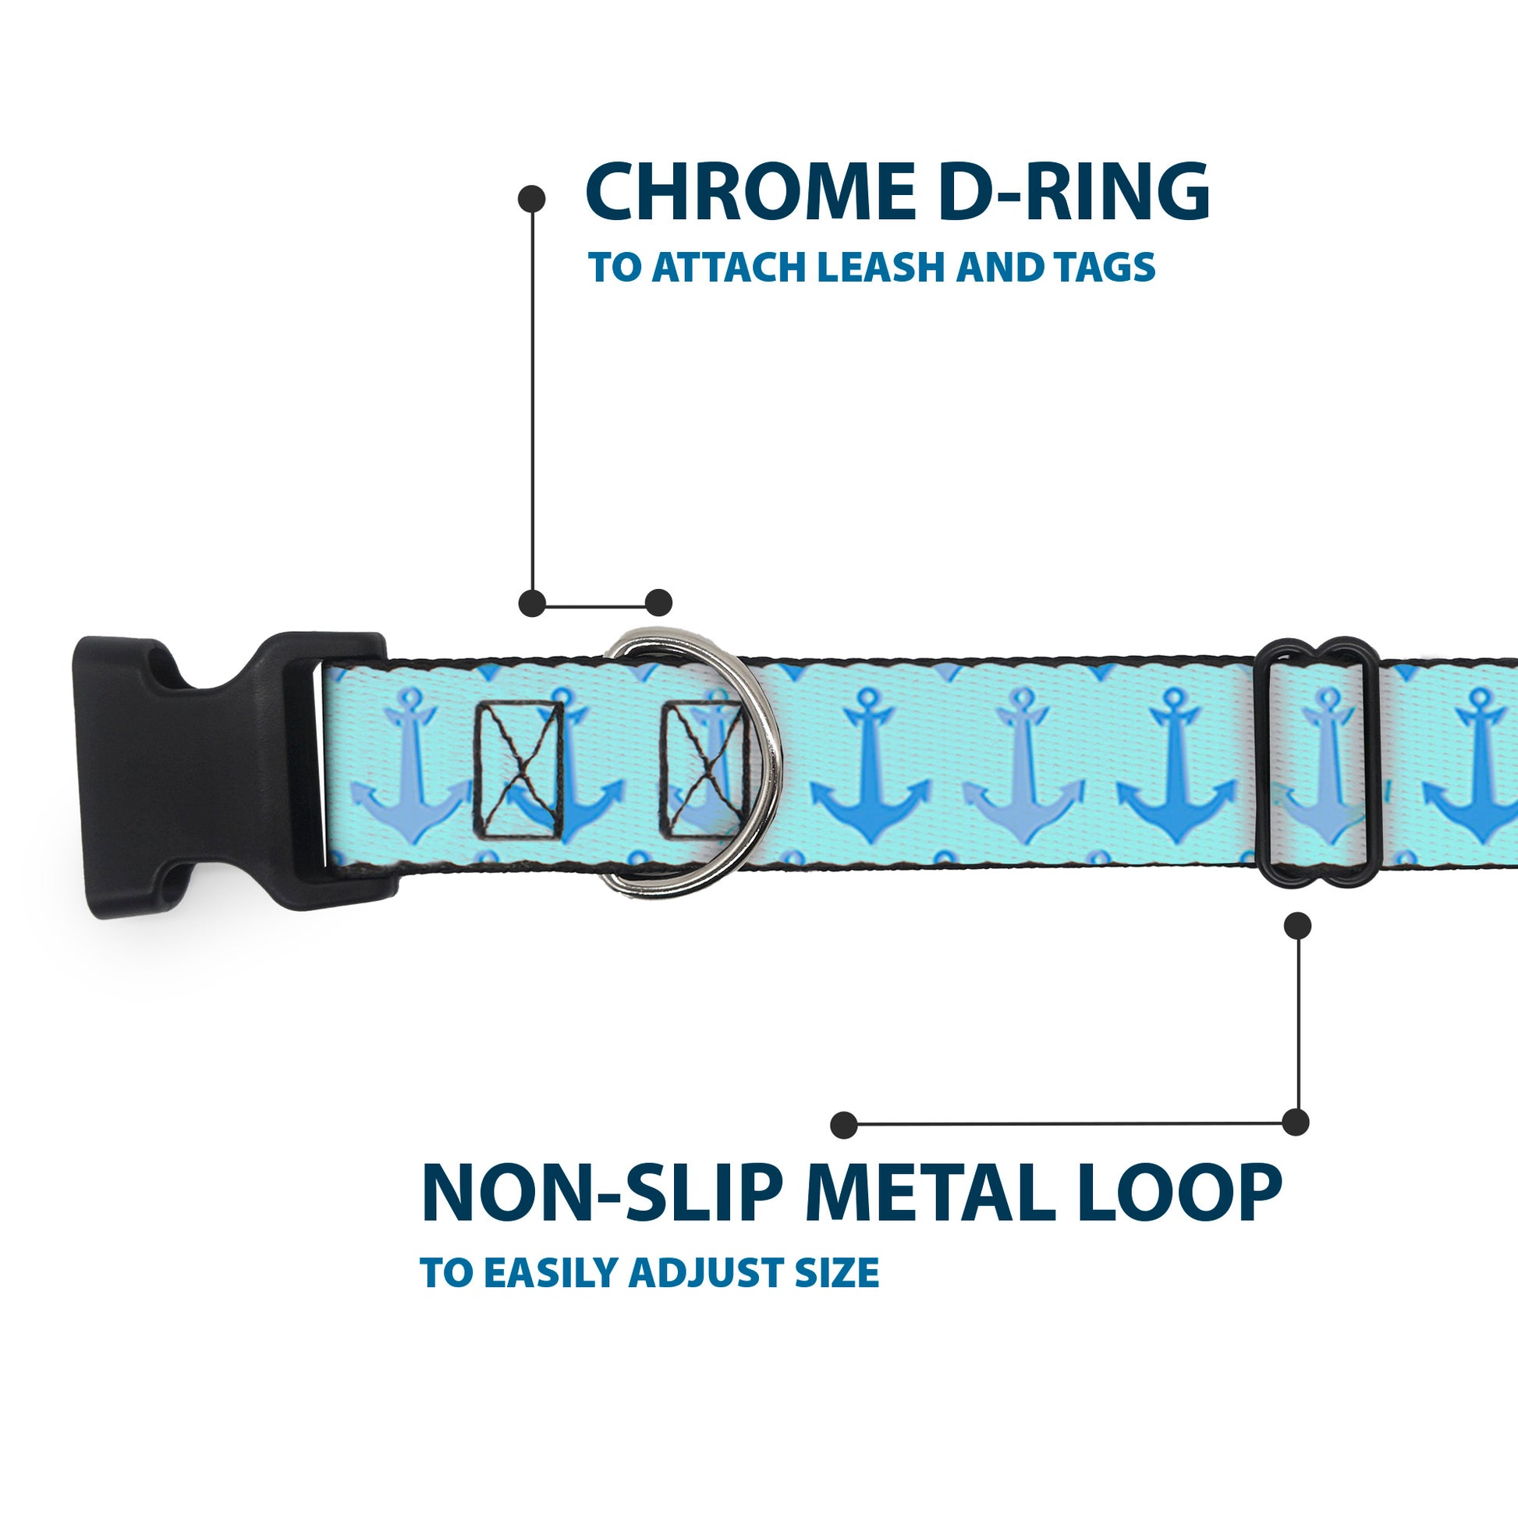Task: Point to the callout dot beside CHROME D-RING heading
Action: coord(532,199)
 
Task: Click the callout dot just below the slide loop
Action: coord(1297,926)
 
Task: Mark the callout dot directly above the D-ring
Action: coord(658,603)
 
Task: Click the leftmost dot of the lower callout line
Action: coord(844,1124)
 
